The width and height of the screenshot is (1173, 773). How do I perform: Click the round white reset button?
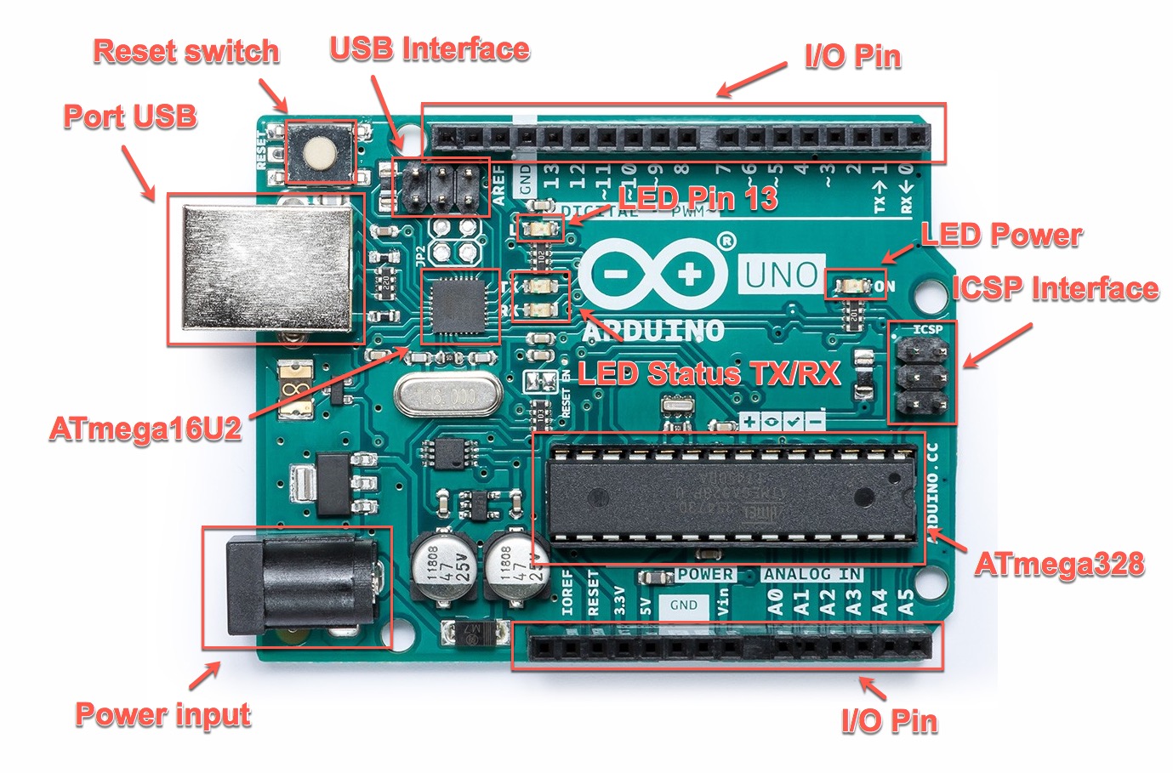(x=320, y=152)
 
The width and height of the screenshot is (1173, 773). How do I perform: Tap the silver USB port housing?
(x=267, y=268)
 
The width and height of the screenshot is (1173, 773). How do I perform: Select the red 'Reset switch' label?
(x=185, y=51)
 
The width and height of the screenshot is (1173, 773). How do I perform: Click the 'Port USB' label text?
(x=130, y=117)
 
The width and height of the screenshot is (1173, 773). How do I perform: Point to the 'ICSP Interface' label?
(x=1055, y=288)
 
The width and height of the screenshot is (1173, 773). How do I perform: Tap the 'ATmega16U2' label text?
(x=145, y=429)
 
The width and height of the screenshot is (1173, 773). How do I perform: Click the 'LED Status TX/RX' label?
(x=709, y=373)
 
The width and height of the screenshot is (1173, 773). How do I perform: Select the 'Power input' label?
(x=163, y=714)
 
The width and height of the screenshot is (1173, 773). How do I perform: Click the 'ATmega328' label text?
(x=1059, y=564)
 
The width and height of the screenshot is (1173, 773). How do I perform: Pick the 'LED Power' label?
(x=1001, y=235)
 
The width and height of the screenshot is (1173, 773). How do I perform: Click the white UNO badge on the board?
(x=780, y=275)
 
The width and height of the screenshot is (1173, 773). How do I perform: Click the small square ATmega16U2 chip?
(x=460, y=307)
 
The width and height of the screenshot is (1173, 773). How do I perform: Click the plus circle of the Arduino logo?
(x=690, y=274)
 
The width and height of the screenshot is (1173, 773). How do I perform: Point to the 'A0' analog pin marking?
(x=775, y=602)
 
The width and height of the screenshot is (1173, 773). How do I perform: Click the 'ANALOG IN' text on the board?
(x=811, y=574)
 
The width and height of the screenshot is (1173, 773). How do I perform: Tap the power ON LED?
(x=851, y=286)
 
